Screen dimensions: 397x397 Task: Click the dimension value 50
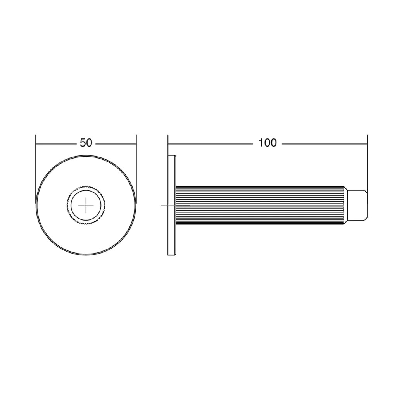86,143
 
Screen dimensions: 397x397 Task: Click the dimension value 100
268,143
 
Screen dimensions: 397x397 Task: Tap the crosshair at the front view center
86,205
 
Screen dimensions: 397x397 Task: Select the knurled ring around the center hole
86,187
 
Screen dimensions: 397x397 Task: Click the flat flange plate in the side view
172,205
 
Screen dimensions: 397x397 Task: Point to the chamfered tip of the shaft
357,205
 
